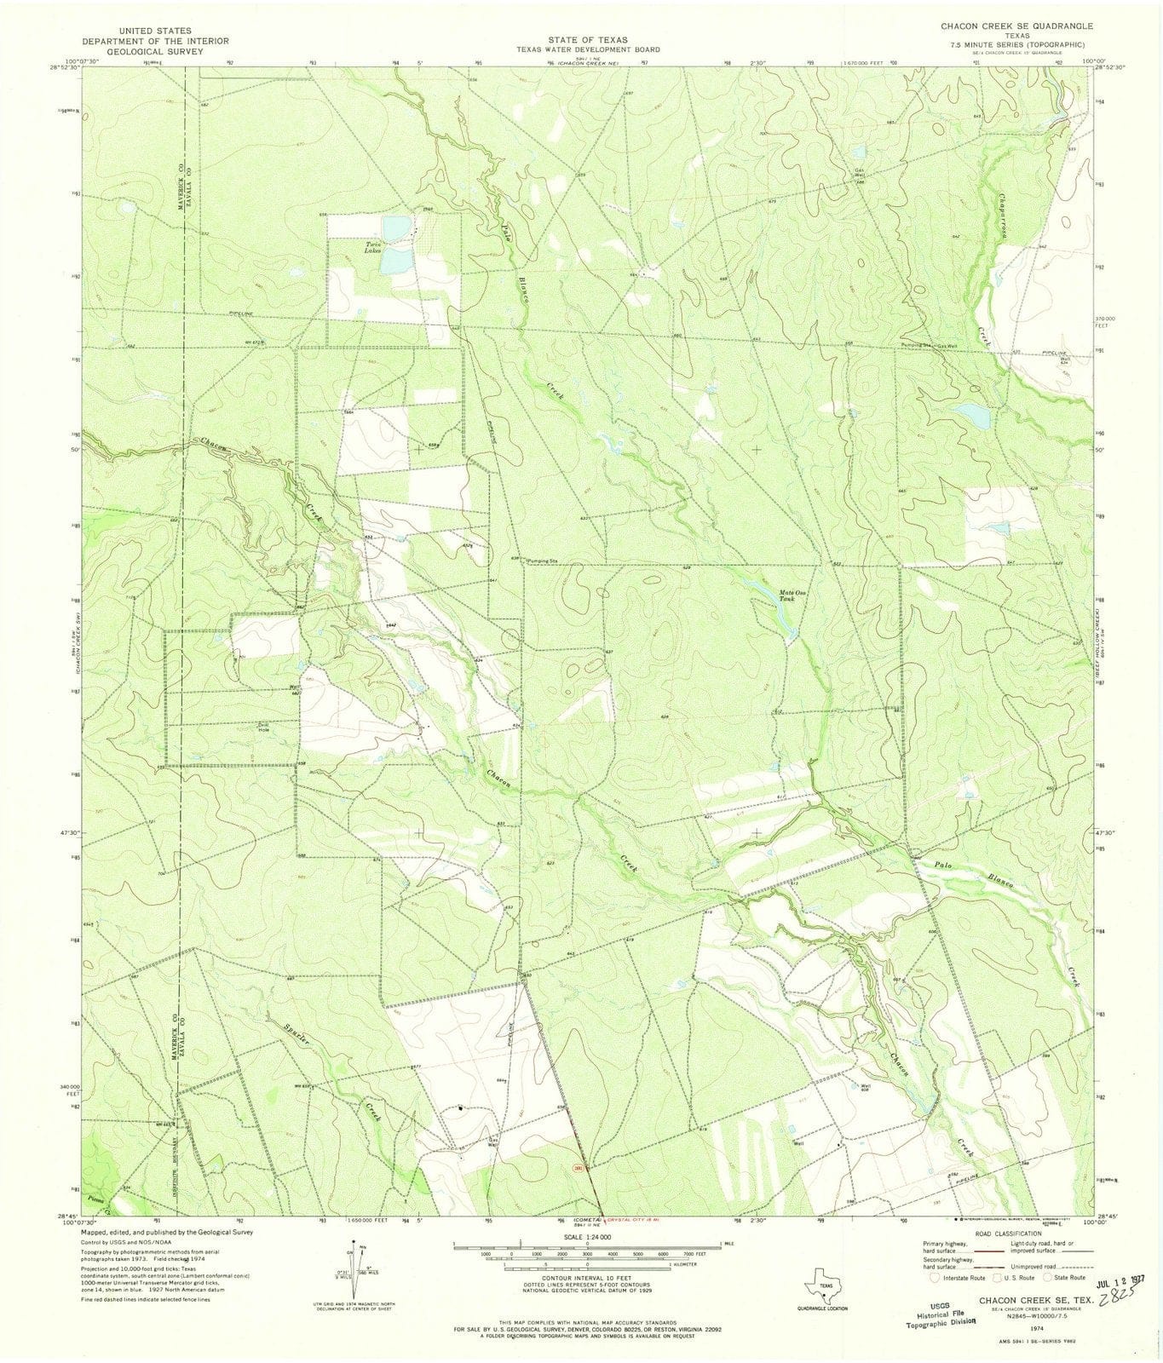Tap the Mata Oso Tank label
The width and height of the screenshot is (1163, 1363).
[786, 595]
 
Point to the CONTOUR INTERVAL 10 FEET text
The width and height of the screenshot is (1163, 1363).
[588, 1284]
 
